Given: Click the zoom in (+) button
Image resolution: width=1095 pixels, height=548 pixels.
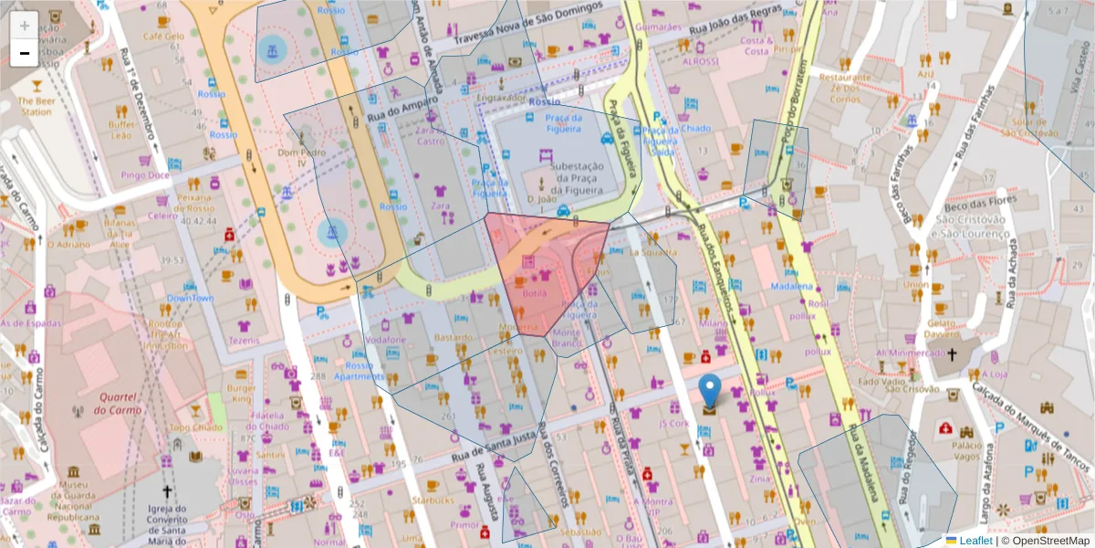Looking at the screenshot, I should coord(24,26).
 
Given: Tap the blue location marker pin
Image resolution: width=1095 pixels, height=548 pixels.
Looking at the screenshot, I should coord(709,391).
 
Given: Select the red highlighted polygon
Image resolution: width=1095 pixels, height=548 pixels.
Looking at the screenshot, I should coord(543,274).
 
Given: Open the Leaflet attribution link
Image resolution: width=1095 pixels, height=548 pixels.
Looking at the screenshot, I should coord(975,540).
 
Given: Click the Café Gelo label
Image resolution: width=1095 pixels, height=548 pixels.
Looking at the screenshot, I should coord(163,37).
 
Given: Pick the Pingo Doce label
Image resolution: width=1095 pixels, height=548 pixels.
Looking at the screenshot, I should coord(145,174).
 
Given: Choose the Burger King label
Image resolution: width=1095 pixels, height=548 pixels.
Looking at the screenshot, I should coord(241,393).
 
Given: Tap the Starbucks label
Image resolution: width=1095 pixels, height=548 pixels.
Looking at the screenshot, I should coord(433,500).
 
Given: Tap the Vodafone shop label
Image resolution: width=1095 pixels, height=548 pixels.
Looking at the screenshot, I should coord(385,339).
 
